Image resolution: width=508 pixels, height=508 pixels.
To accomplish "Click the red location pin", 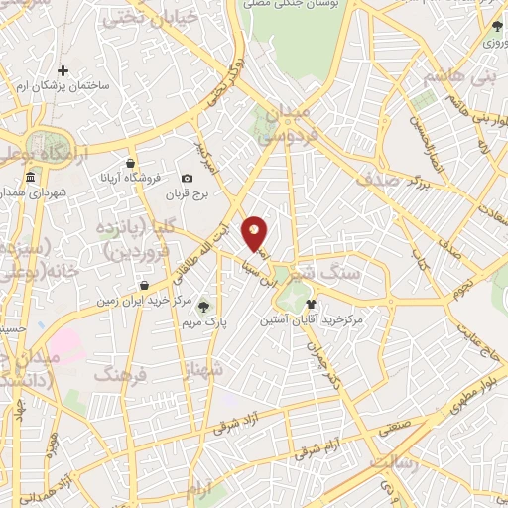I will [x=255, y=233].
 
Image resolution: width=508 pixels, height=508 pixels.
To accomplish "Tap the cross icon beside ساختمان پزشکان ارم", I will [x=63, y=70].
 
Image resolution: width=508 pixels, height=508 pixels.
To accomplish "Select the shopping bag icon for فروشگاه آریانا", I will [x=130, y=163].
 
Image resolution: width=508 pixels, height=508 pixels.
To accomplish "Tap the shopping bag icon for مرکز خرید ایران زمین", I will [x=145, y=285].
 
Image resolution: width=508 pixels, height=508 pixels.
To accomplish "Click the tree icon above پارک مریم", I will [x=204, y=306].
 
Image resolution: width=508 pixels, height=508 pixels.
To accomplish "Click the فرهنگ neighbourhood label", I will [x=118, y=373].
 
